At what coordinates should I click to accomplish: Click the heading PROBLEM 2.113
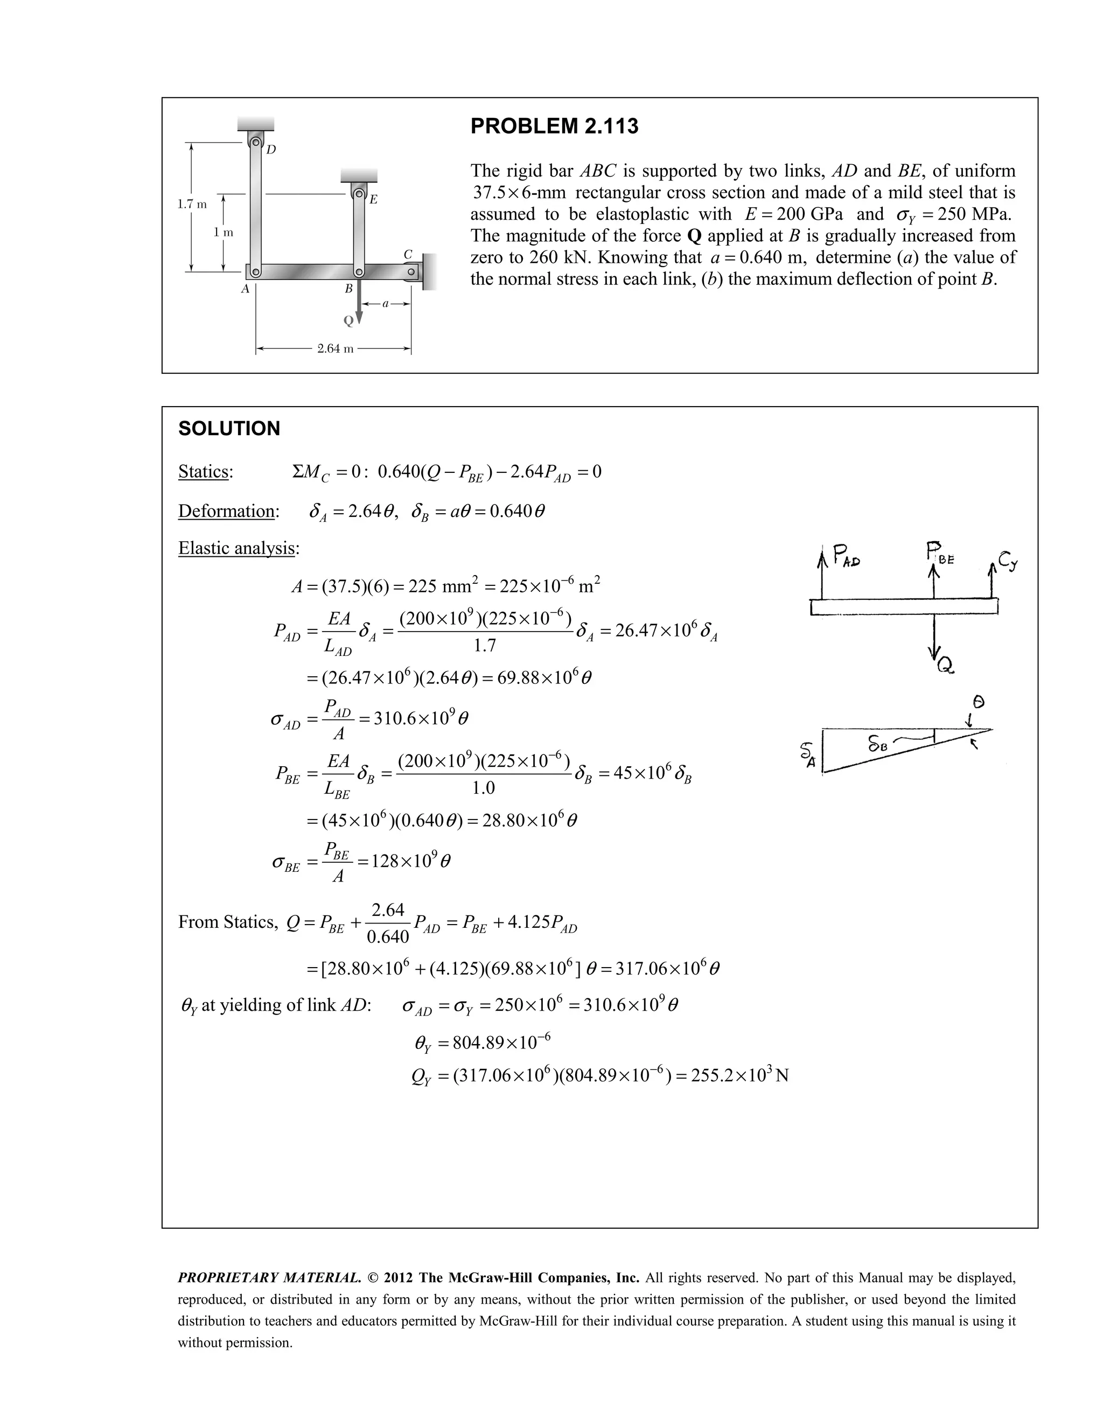point(554,126)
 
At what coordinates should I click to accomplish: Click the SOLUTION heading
point(229,429)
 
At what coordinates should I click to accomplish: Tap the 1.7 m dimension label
point(192,204)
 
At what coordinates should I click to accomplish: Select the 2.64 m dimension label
point(334,349)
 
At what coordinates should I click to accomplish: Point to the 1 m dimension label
point(224,233)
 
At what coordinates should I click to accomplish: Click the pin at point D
point(256,142)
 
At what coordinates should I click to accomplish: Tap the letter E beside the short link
point(373,199)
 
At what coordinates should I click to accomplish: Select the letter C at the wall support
point(408,254)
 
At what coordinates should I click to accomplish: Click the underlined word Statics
point(205,472)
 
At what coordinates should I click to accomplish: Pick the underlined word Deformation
point(227,511)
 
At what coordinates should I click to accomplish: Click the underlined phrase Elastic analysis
point(238,548)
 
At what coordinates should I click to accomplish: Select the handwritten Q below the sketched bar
point(944,666)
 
